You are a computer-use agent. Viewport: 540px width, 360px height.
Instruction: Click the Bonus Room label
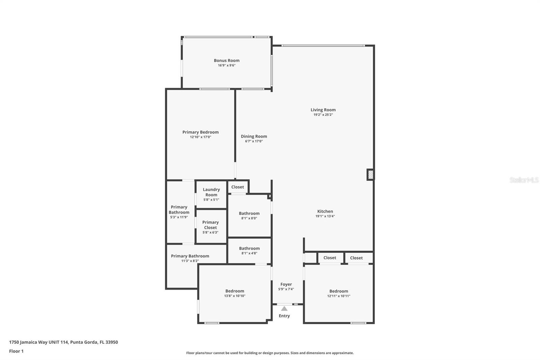click(226, 60)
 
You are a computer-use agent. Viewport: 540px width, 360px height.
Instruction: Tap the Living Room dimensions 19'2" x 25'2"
click(323, 115)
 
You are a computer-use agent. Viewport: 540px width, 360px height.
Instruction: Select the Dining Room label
click(254, 136)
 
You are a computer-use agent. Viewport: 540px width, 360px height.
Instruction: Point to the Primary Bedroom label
click(200, 132)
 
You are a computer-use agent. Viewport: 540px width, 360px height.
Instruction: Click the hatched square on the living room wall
click(370, 175)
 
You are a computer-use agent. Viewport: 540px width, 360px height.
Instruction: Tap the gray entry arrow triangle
click(284, 308)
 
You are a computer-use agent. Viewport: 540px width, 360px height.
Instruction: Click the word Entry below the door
click(284, 316)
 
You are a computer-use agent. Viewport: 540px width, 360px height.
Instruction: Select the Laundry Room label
click(211, 192)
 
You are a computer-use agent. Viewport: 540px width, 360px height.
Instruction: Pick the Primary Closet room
click(211, 225)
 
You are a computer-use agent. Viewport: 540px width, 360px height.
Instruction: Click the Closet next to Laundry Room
click(238, 187)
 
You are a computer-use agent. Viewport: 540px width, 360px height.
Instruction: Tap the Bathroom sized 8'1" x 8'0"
click(249, 215)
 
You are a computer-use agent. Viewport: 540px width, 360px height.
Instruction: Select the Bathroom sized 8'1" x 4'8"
click(249, 250)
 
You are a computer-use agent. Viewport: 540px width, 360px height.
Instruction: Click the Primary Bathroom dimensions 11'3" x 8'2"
click(190, 261)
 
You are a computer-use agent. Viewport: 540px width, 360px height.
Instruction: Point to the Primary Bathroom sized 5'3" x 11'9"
click(179, 212)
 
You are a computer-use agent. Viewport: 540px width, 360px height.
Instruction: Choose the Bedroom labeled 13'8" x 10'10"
click(235, 293)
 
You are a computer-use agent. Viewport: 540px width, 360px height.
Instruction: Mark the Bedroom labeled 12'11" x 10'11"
click(339, 293)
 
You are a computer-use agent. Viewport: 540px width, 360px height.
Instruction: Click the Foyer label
click(286, 284)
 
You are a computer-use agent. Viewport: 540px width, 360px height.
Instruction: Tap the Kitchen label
click(325, 211)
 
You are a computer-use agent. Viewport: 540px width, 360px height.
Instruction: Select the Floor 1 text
click(16, 351)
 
